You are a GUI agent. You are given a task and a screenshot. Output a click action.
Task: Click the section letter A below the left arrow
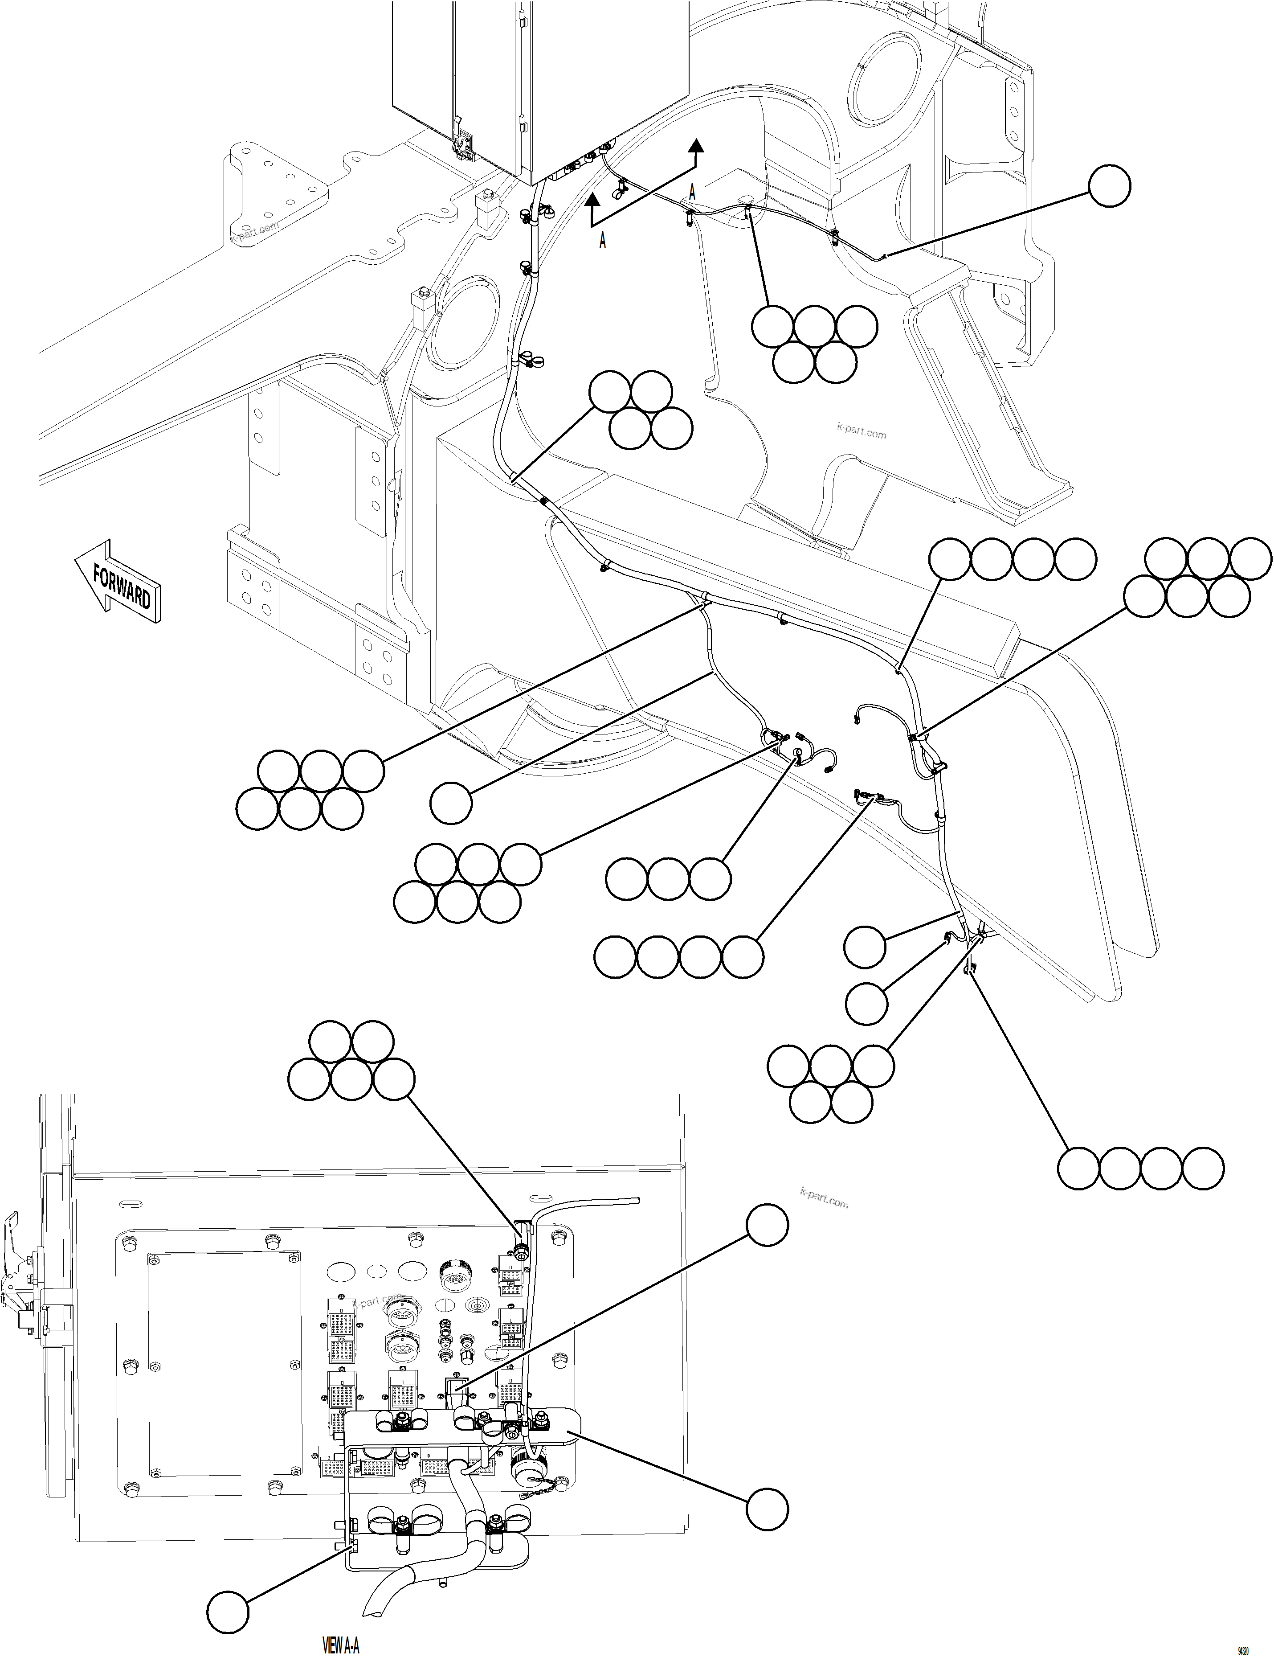[x=603, y=241]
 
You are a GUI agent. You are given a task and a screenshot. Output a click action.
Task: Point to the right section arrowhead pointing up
[x=694, y=147]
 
